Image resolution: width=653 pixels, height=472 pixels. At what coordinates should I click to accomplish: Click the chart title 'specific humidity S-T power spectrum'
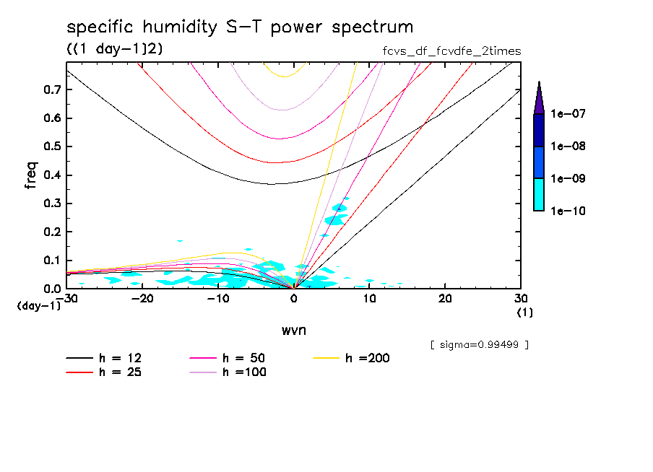click(x=240, y=27)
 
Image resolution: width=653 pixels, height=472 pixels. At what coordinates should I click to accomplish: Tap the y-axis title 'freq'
click(x=30, y=175)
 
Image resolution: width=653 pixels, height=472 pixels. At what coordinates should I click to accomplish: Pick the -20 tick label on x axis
click(x=142, y=299)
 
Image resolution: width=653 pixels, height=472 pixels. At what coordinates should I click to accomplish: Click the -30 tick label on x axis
click(x=66, y=299)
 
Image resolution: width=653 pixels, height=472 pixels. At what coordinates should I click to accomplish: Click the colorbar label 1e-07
click(x=568, y=114)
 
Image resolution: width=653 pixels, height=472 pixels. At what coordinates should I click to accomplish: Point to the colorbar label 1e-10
click(x=568, y=211)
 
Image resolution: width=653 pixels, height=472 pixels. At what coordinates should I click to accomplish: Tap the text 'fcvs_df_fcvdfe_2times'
click(x=451, y=51)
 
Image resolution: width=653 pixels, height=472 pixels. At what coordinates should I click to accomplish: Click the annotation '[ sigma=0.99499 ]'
click(x=479, y=344)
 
